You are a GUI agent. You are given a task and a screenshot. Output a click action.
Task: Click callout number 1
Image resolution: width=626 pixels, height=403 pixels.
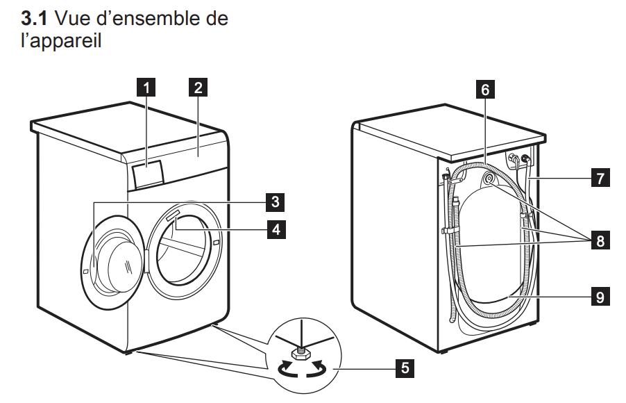[145, 88]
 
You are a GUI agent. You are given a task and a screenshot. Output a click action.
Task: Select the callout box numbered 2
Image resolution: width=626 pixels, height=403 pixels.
[198, 88]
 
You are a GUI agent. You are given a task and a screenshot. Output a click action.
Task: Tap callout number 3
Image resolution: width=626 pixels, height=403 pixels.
[276, 202]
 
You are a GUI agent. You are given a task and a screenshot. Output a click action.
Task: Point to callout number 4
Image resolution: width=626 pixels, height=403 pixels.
[276, 227]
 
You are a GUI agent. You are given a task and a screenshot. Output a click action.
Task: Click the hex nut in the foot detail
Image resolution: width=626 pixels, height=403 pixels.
[303, 355]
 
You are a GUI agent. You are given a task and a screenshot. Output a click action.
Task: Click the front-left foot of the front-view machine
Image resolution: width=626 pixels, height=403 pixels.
[128, 352]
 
